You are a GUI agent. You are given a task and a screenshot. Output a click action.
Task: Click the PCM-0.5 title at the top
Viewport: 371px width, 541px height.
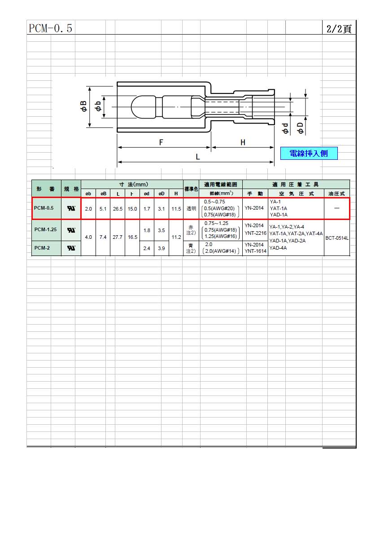pyautogui.click(x=50, y=28)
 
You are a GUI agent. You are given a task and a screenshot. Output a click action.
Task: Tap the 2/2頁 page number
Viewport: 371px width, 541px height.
pyautogui.click(x=339, y=29)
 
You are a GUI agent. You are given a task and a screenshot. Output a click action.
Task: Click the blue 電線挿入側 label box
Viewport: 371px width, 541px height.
pyautogui.click(x=309, y=154)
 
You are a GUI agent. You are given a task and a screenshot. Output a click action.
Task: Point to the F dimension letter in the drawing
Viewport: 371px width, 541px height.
pyautogui.click(x=161, y=142)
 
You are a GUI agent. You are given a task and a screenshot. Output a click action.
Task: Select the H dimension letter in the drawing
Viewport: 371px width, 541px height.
pyautogui.click(x=243, y=142)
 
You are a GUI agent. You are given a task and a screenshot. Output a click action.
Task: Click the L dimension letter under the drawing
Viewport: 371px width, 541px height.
pyautogui.click(x=198, y=157)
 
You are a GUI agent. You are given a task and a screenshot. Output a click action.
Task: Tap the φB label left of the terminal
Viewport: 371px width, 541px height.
pyautogui.click(x=83, y=106)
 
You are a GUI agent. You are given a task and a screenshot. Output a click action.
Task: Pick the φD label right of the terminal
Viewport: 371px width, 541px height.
pyautogui.click(x=300, y=128)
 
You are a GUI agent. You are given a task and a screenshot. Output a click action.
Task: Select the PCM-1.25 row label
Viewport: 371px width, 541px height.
pyautogui.click(x=45, y=229)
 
